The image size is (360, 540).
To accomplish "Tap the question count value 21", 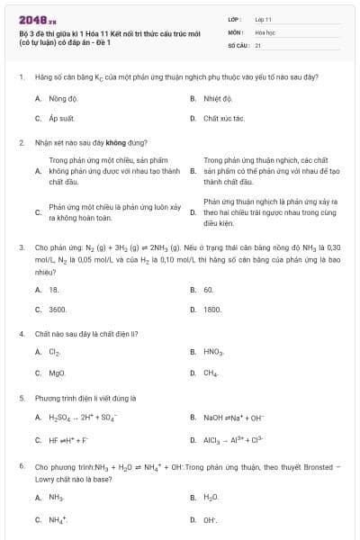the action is pyautogui.click(x=258, y=44).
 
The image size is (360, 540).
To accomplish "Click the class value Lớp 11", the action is pyautogui.click(x=263, y=19).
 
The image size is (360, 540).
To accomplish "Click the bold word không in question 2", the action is pyautogui.click(x=116, y=142).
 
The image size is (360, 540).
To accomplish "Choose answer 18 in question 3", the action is pyautogui.click(x=53, y=290).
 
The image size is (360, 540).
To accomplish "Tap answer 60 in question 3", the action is pyautogui.click(x=208, y=290).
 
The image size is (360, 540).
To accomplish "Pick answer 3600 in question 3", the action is pyautogui.click(x=58, y=309).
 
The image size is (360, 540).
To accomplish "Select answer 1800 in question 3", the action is pyautogui.click(x=212, y=309).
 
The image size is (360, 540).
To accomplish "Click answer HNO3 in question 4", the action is pyautogui.click(x=213, y=352).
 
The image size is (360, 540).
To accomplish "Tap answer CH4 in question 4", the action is pyautogui.click(x=211, y=372).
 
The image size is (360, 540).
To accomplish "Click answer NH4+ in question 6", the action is pyautogui.click(x=57, y=519).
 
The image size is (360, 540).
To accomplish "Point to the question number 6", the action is pyautogui.click(x=21, y=468).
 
